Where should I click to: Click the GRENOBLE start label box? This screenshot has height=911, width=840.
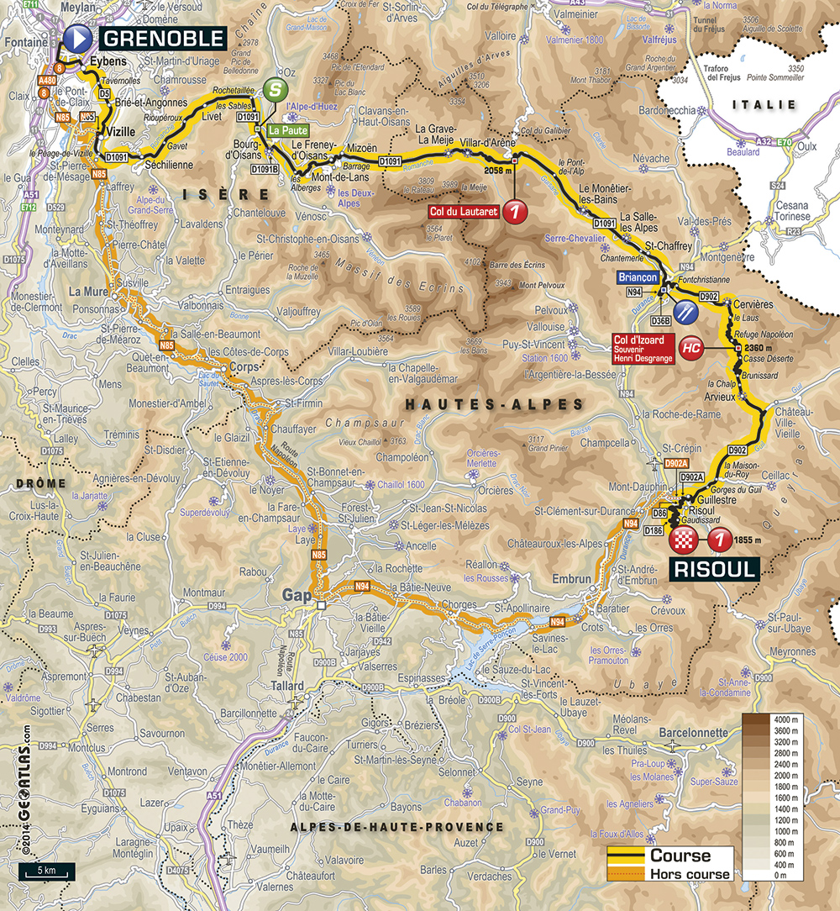(164, 38)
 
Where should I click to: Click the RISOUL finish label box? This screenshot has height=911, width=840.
(713, 570)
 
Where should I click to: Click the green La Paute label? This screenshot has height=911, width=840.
(288, 131)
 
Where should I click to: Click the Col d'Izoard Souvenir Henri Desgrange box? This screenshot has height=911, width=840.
(641, 347)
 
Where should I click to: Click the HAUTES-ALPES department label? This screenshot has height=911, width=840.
(494, 405)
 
